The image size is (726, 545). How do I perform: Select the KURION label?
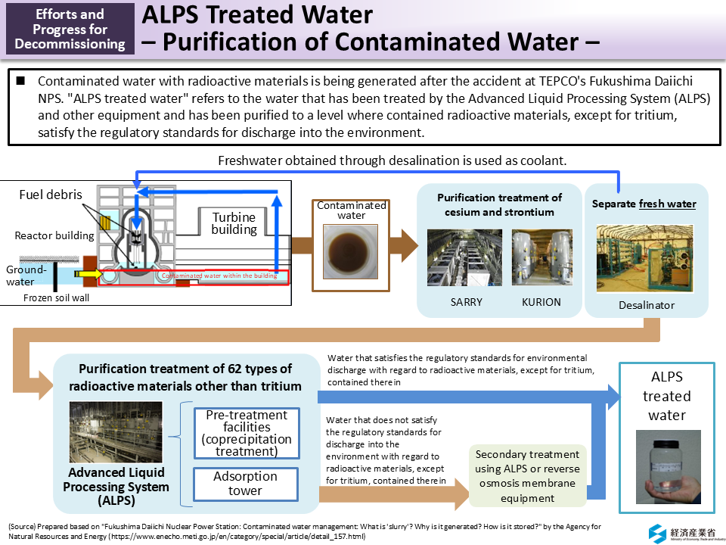coord(541,302)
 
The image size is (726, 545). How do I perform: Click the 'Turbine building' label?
coord(234,223)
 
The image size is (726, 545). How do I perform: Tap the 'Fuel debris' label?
coord(51,195)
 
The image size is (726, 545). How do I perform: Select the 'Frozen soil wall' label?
coord(56,297)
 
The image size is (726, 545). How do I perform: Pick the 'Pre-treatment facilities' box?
coord(246,433)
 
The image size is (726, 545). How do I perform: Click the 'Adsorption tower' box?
coord(246,484)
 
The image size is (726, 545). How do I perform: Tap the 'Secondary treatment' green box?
coord(528,476)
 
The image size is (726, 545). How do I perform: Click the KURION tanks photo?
coord(541,257)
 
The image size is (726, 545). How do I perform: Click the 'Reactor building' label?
coord(54,235)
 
